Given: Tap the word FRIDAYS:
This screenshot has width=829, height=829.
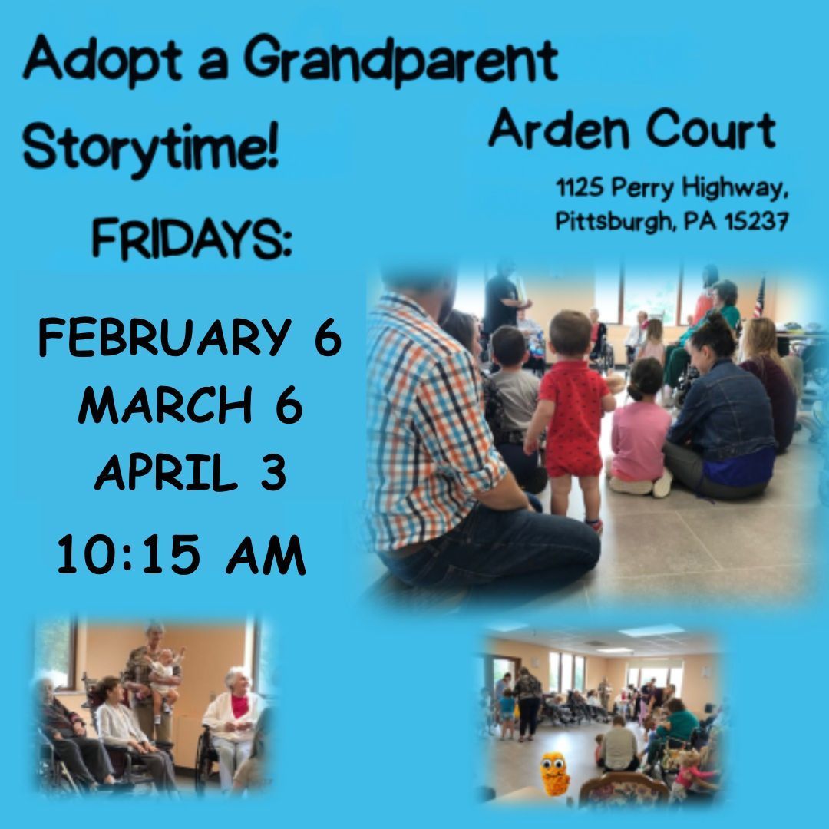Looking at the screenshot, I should click(192, 239).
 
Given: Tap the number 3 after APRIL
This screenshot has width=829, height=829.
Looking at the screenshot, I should click(273, 474).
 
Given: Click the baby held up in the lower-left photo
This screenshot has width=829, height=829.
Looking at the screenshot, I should click(163, 675).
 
